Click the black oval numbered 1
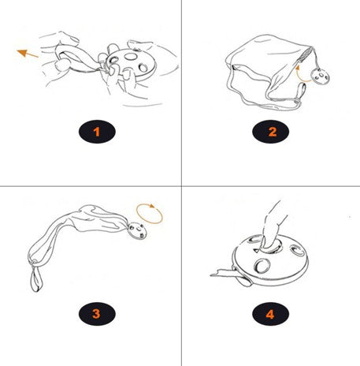[x=97, y=132]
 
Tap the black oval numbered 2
[x=270, y=132]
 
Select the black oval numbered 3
[x=97, y=314]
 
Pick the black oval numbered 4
[x=270, y=314]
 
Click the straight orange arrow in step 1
[x=28, y=54]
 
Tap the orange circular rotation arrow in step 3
[x=149, y=214]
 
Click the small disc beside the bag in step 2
[x=321, y=77]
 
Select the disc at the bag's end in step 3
[x=137, y=231]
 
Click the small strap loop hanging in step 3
[x=36, y=278]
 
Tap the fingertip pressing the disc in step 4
[x=269, y=243]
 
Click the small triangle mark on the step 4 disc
[x=256, y=250]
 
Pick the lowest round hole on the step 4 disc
[x=262, y=266]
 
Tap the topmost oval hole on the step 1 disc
[x=131, y=56]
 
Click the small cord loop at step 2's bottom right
[x=301, y=93]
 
